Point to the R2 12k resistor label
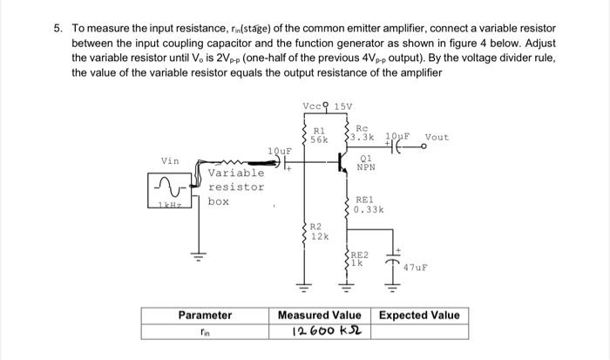(x=320, y=232)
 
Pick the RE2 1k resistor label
(x=360, y=258)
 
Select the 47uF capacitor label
(x=416, y=268)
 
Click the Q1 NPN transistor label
(x=367, y=162)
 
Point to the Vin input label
(x=171, y=160)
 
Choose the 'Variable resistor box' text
(x=235, y=187)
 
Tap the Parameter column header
(x=205, y=315)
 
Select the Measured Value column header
(x=319, y=315)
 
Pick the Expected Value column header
(x=419, y=315)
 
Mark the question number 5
(x=58, y=28)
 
